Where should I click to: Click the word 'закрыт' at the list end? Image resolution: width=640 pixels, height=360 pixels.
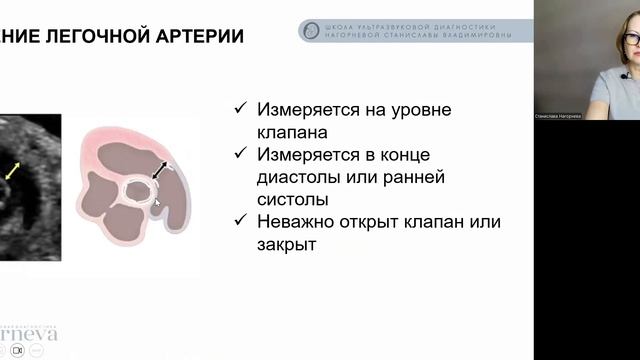point(287,244)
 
